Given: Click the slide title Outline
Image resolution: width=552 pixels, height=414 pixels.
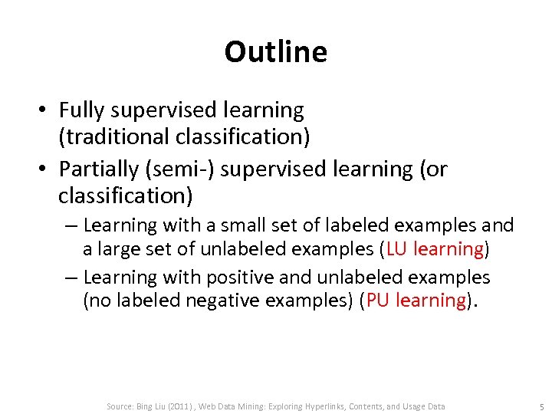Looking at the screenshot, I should point(275,52).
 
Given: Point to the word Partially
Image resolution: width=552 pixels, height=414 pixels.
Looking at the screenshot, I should point(97,167).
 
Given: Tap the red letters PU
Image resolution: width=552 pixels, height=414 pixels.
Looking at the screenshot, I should point(376,300).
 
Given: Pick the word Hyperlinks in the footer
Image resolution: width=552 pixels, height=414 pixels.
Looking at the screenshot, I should point(327,406).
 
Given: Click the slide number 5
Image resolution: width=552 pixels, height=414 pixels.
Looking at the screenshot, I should point(541,406).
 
